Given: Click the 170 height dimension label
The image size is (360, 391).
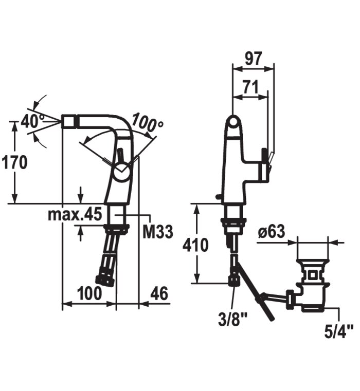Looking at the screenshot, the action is click(x=14, y=162).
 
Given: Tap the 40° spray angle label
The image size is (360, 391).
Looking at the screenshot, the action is click(x=32, y=121).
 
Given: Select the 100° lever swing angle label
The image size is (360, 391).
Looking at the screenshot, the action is click(x=147, y=122).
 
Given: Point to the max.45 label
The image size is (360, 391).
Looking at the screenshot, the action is click(x=75, y=214).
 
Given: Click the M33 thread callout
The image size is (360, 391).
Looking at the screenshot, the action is click(x=158, y=231).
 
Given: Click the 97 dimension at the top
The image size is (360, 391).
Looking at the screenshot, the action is click(x=254, y=58).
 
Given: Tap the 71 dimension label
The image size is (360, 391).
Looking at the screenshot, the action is click(x=250, y=87).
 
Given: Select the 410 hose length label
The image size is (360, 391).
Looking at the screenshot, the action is click(x=195, y=245).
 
